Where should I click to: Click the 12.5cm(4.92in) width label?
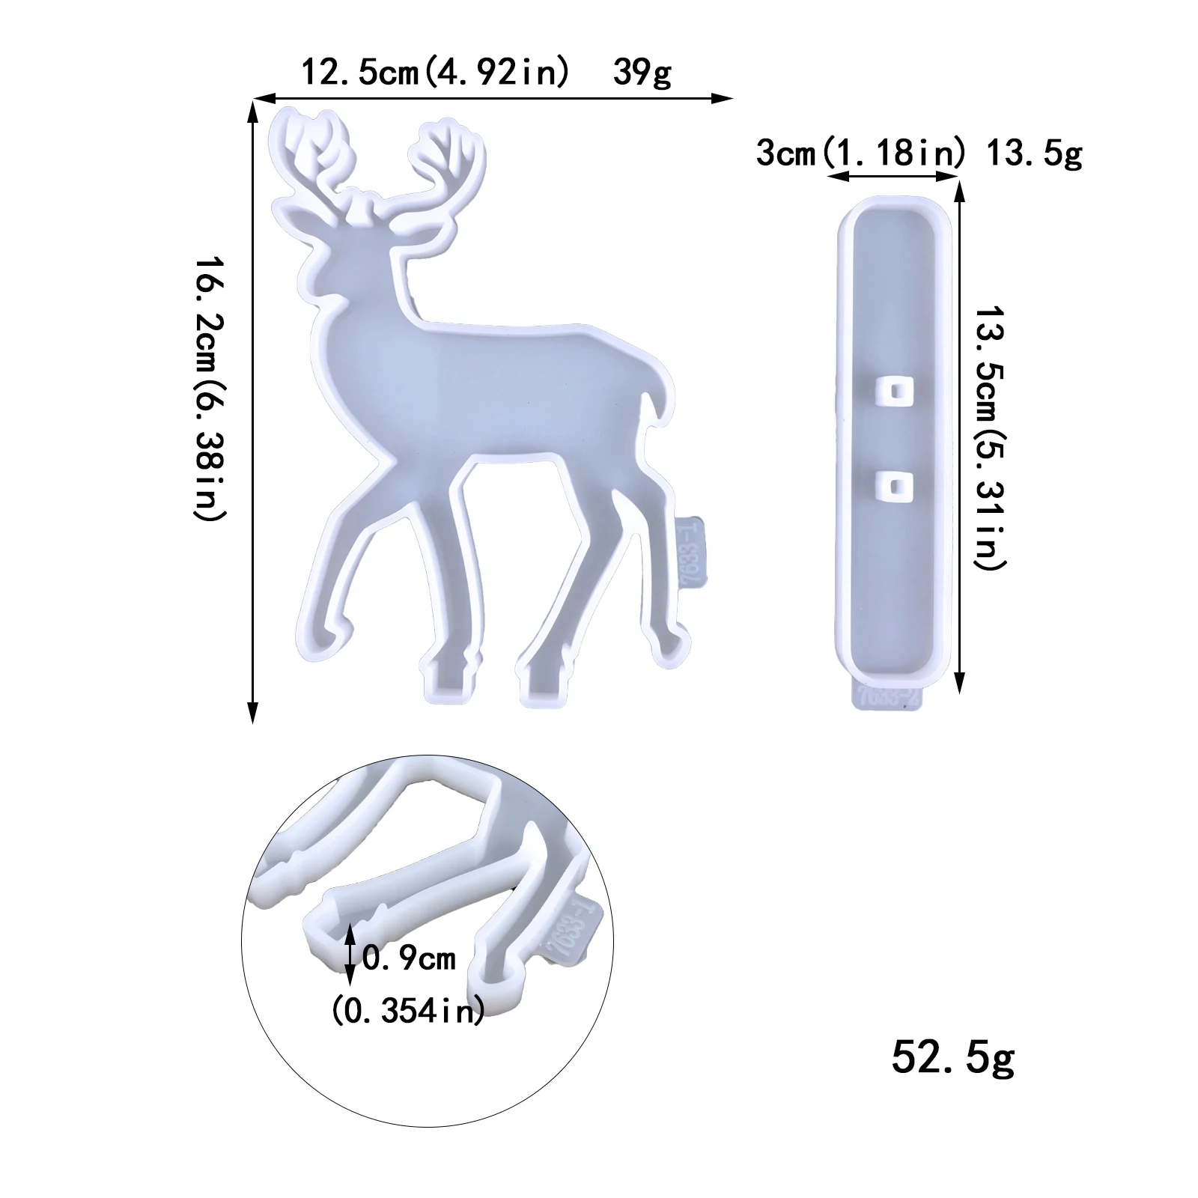pyautogui.click(x=434, y=73)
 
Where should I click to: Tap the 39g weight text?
pyautogui.click(x=642, y=73)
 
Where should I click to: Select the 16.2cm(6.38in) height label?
pyautogui.click(x=210, y=389)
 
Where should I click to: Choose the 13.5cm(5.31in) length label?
pyautogui.click(x=990, y=438)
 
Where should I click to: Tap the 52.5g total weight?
pyautogui.click(x=952, y=1057)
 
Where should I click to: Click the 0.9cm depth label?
pyautogui.click(x=409, y=958)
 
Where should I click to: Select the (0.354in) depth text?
pyautogui.click(x=408, y=1011)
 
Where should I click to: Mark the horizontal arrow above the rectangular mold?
pyautogui.click(x=893, y=177)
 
